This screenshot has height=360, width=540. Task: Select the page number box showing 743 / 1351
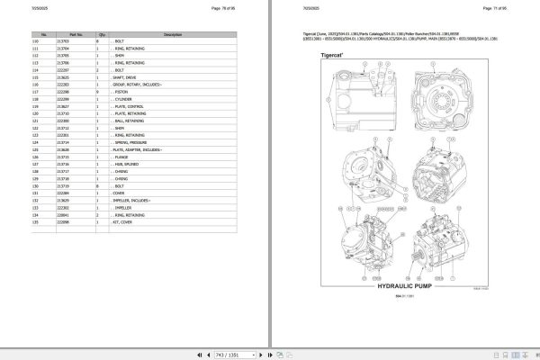click(x=269, y=353)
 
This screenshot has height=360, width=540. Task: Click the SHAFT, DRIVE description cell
click(x=125, y=78)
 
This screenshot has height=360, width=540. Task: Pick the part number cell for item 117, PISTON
click(x=63, y=91)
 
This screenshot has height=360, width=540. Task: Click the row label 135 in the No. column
click(x=36, y=222)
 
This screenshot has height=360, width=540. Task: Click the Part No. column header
click(x=63, y=34)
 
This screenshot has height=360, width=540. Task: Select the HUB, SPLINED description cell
click(x=125, y=164)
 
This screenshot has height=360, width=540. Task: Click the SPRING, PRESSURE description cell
click(x=131, y=142)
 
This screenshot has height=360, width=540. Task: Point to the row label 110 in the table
click(x=36, y=40)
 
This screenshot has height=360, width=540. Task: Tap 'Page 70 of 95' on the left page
click(x=220, y=8)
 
